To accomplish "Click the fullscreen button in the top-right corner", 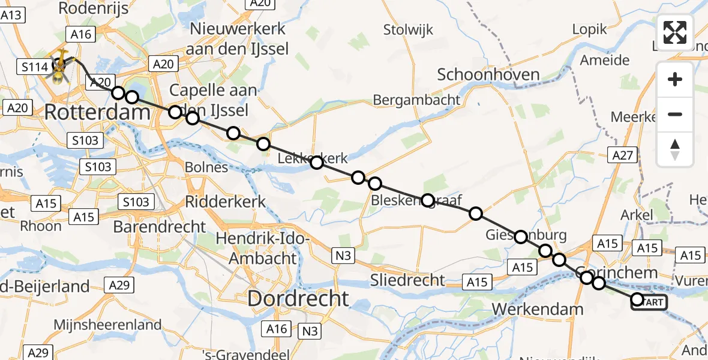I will point(675,32).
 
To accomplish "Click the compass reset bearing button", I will point(675,149).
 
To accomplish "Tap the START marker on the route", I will point(650,302).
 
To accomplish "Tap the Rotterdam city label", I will point(97,112).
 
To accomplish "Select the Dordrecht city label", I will point(298,298).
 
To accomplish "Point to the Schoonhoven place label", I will point(488,74).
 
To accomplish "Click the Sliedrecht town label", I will point(407,279).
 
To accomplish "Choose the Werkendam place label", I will point(537,309).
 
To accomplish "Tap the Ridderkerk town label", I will point(226,202).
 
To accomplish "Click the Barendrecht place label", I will point(159,227).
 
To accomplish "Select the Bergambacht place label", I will point(416,100).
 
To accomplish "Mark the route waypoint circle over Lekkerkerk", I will point(317,162).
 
